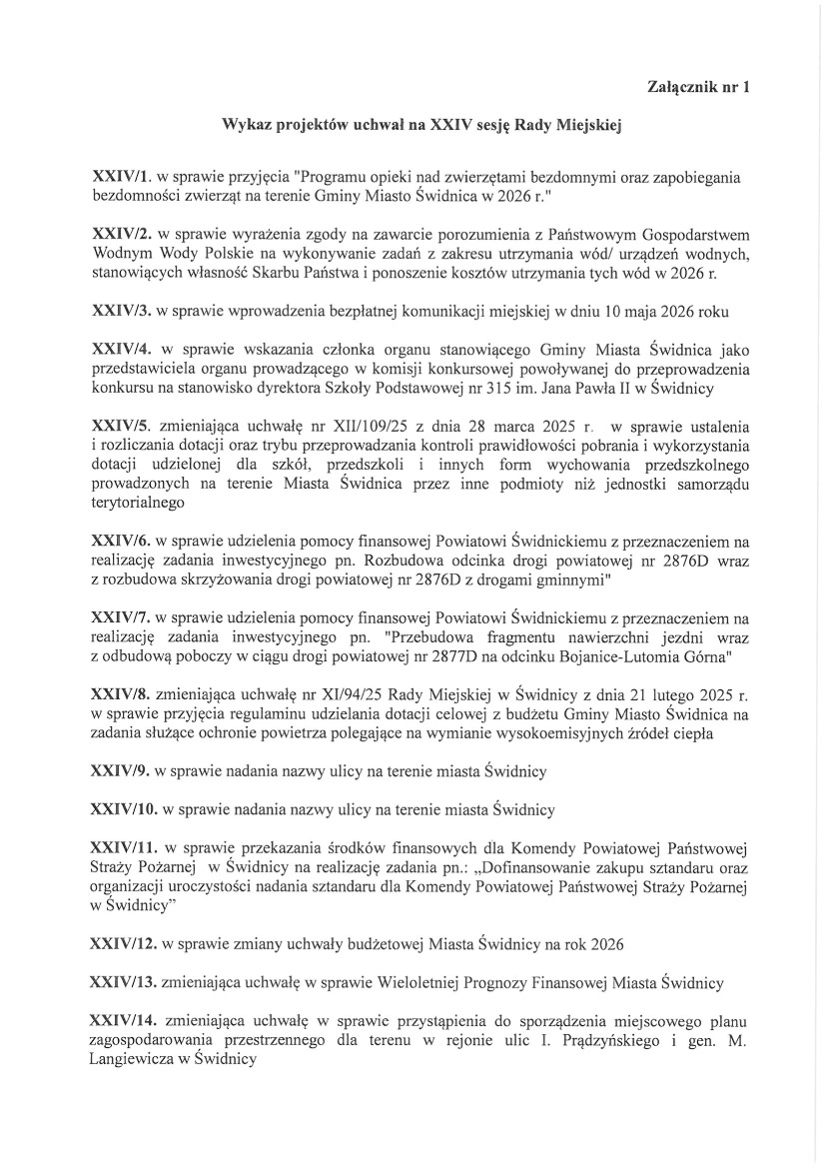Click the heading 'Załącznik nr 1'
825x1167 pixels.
[698, 88]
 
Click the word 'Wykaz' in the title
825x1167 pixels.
[245, 128]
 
